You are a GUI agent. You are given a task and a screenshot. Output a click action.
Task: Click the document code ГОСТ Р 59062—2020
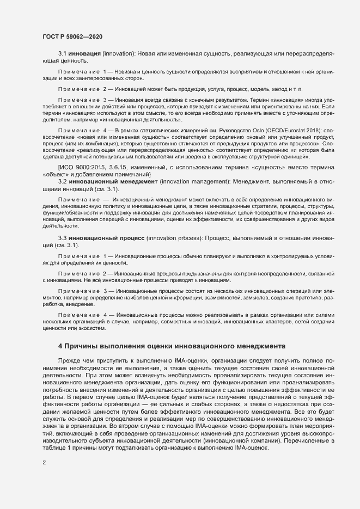click(72, 36)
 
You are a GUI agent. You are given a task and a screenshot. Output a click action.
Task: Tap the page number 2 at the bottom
click(44, 463)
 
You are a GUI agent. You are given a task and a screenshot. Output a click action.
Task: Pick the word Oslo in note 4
click(245, 131)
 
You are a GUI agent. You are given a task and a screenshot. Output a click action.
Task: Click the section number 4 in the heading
click(60, 346)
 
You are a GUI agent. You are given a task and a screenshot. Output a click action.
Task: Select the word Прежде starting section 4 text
click(71, 360)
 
